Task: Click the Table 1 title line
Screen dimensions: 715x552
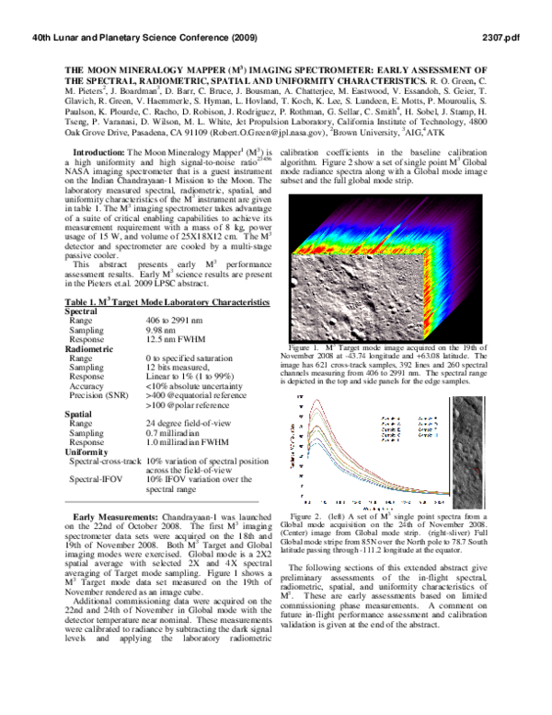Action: (152, 302)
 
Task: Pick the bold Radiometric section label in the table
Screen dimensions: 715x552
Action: (94, 349)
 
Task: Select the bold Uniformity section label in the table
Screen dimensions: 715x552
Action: (89, 452)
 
